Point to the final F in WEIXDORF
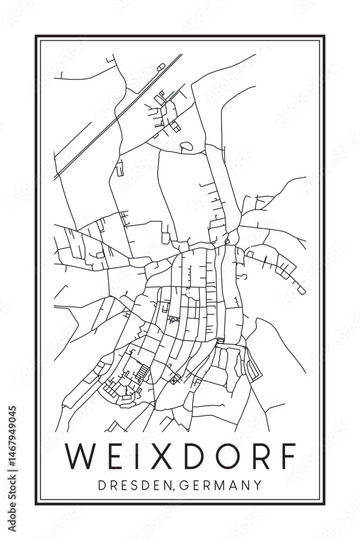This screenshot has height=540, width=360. [x=288, y=456]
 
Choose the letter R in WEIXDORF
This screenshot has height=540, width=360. [x=256, y=456]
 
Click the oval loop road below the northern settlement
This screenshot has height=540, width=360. [x=186, y=145]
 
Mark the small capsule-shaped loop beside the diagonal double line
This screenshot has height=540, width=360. [x=160, y=67]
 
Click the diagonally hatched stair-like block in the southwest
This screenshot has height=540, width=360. [x=144, y=372]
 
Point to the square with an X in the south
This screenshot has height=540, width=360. [x=174, y=381]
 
